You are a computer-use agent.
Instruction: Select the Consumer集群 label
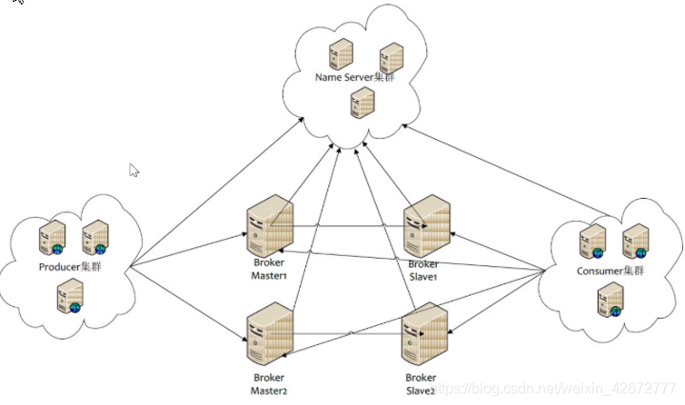(x=610, y=272)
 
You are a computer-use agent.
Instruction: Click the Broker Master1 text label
(x=269, y=270)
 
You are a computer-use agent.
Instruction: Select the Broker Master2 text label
(x=269, y=384)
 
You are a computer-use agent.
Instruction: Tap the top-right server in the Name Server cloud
(x=391, y=56)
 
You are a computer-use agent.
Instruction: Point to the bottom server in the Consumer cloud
(x=610, y=300)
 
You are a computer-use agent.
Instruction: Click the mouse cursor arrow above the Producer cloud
(x=134, y=169)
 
